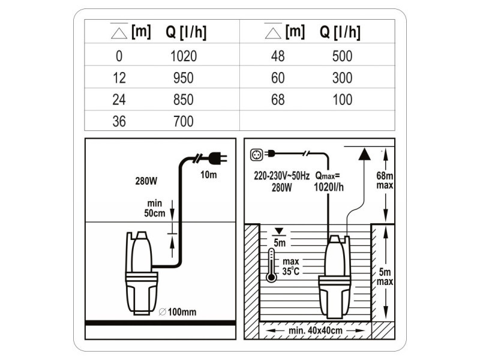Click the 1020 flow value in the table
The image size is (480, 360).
(x=184, y=56)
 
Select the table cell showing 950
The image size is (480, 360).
(x=184, y=78)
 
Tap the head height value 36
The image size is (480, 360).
(x=119, y=121)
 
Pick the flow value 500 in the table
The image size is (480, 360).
(x=342, y=56)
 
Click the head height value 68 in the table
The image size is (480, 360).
(x=278, y=100)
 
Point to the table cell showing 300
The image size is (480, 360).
(x=342, y=78)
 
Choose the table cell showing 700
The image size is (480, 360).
(x=184, y=121)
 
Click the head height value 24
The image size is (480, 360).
(x=119, y=100)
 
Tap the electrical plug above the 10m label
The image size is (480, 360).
(x=218, y=158)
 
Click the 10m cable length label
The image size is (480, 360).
(x=208, y=175)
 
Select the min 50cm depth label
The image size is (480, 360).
(x=155, y=208)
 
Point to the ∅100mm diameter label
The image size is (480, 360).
(x=178, y=312)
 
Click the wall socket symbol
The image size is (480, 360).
(x=257, y=155)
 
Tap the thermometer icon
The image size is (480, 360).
(x=271, y=265)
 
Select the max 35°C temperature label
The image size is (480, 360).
(x=291, y=266)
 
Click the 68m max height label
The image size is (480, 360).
(x=385, y=181)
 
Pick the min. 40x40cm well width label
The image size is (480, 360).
(x=316, y=331)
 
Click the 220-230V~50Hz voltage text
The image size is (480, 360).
(x=281, y=176)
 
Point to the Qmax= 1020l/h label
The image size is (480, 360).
(x=328, y=182)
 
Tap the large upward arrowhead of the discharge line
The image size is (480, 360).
(x=364, y=154)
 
